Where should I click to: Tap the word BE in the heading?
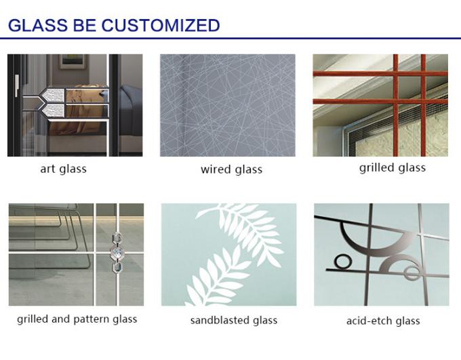coord(87,26)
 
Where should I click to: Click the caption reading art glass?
coord(64,169)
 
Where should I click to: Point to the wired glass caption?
coord(231,169)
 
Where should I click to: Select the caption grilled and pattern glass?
coord(77,319)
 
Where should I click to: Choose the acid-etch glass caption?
coord(383,321)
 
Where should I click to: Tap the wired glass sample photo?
coord(228,105)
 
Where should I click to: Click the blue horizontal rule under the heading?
coord(230,38)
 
